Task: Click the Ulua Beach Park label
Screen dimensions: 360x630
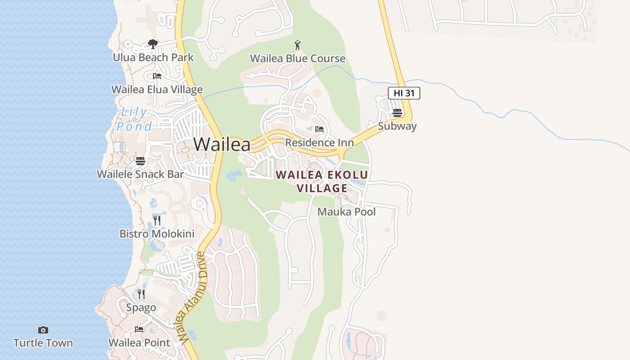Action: coord(153,58)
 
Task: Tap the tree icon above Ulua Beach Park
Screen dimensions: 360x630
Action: coord(153,44)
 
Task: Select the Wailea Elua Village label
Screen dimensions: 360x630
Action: coord(157,90)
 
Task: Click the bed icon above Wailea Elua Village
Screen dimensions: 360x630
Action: coord(157,76)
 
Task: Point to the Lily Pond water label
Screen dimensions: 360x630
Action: coord(134,119)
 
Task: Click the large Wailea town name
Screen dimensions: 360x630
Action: coord(222,144)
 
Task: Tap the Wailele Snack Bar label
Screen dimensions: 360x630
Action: coord(140,174)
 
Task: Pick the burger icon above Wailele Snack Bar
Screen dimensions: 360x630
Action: coord(140,161)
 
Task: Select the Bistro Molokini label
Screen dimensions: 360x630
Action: coord(157,234)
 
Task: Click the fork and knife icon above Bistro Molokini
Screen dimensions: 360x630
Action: coord(157,220)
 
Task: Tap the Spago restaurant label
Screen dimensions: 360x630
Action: coord(141,308)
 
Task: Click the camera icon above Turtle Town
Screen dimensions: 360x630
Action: coord(43,330)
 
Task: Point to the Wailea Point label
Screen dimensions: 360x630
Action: coord(139,343)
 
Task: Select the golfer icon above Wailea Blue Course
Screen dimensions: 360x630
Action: coord(297,45)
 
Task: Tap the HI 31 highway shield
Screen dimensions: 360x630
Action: coord(404,93)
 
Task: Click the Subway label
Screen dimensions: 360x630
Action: coord(397,126)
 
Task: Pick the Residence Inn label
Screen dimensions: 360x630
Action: coord(319,143)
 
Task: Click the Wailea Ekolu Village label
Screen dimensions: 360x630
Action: coord(322,181)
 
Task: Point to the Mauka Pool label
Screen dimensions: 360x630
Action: coord(346,212)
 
